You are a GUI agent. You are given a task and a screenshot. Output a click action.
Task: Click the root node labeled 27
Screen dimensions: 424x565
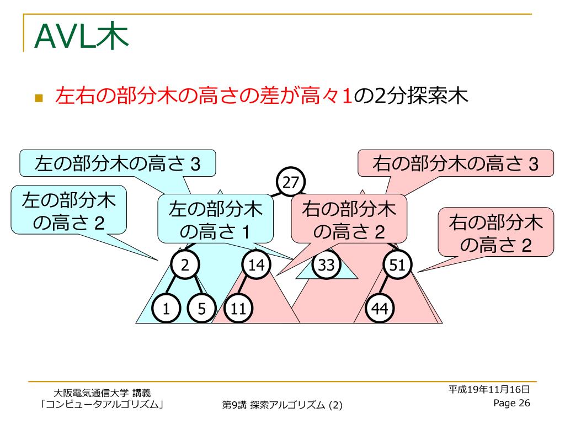tap(290, 181)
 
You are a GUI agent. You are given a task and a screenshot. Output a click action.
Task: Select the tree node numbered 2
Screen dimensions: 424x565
tap(185, 266)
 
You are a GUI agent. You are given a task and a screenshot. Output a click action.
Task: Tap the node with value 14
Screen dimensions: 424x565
tap(256, 266)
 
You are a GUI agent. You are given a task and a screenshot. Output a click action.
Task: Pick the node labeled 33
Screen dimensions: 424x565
tap(327, 266)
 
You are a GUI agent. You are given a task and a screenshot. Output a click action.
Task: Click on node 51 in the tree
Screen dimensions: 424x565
tap(397, 266)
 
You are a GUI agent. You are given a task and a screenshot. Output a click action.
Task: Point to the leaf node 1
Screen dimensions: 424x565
tap(166, 309)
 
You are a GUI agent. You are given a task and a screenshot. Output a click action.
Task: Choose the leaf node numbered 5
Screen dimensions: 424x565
tap(201, 309)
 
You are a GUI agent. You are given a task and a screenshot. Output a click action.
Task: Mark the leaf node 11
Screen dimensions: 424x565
tap(238, 309)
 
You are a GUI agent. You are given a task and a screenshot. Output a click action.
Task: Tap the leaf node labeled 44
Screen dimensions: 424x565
tap(380, 309)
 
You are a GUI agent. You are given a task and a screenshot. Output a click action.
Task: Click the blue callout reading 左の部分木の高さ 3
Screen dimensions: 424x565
tap(117, 163)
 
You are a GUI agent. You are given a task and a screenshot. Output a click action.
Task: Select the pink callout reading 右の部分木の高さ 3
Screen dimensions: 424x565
tap(455, 163)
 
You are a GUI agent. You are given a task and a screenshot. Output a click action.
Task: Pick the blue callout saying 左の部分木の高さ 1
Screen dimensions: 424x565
tap(215, 219)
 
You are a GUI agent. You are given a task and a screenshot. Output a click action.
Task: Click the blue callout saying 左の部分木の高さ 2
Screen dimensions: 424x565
tap(69, 210)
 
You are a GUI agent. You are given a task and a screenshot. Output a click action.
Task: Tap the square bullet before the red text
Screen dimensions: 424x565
tap(39, 99)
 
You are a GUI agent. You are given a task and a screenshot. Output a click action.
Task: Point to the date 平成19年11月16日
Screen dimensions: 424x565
tap(489, 389)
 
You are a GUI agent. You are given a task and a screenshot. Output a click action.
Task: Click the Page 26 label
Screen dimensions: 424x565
tap(511, 403)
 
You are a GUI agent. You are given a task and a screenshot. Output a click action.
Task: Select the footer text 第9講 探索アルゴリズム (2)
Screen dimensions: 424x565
tap(282, 405)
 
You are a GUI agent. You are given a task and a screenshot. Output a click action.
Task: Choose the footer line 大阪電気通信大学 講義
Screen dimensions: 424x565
tap(102, 393)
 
